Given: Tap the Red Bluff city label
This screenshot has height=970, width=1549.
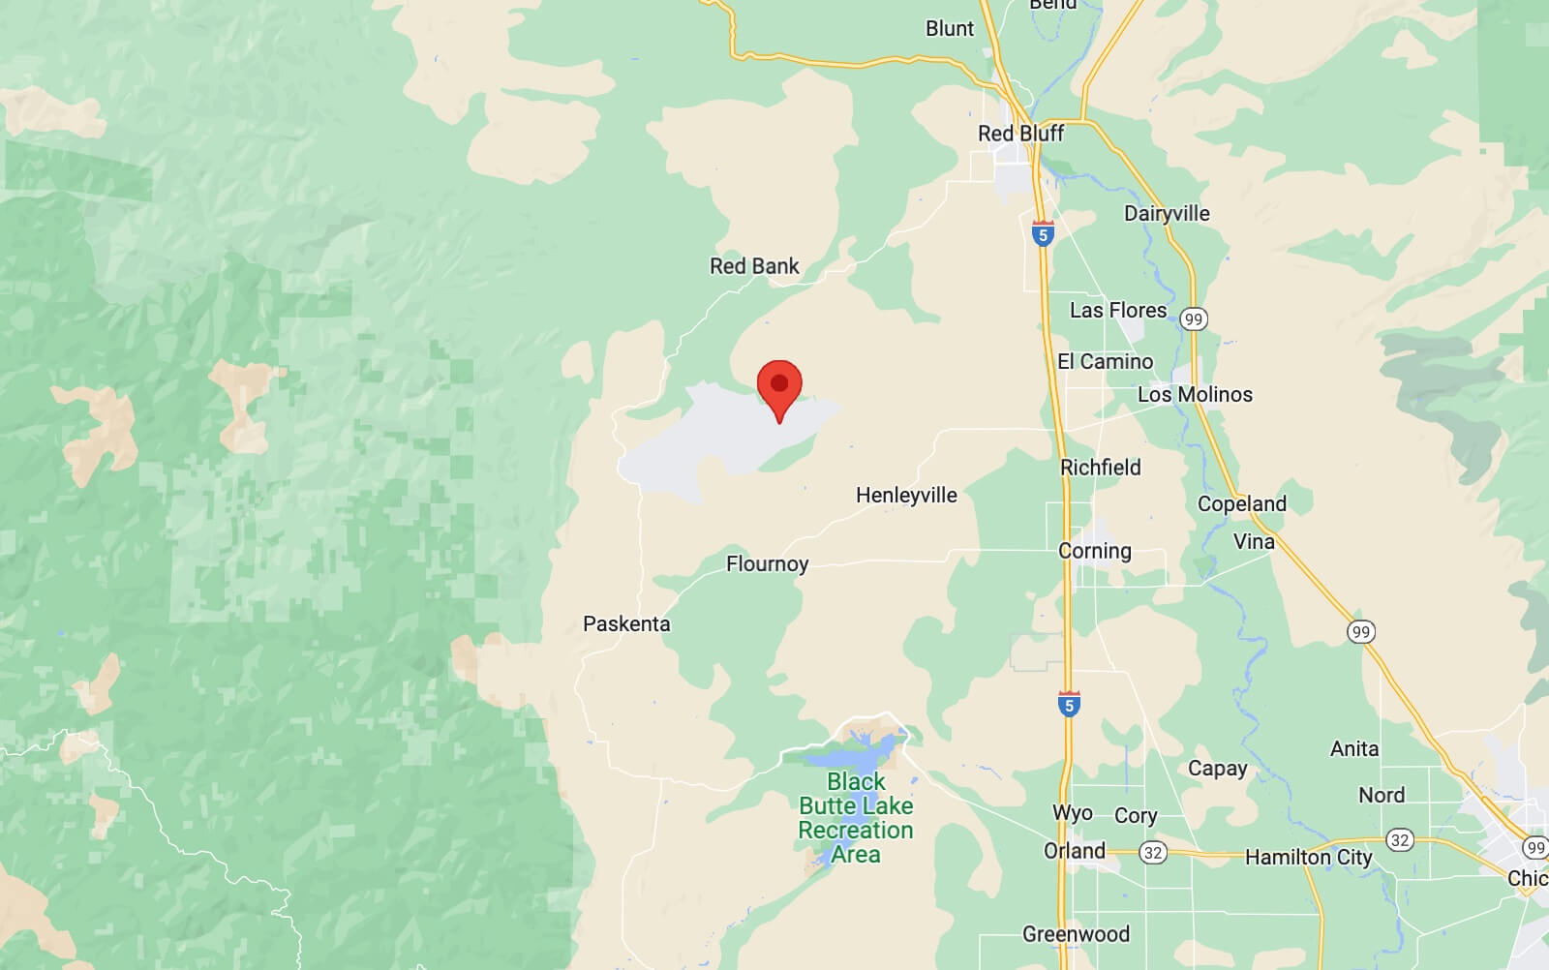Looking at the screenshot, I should pos(1020,134).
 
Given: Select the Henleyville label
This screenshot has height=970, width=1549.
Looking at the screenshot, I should pos(906,496).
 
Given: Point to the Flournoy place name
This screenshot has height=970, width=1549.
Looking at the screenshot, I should pos(767,563).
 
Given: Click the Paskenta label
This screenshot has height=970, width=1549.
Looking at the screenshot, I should pos(626,624).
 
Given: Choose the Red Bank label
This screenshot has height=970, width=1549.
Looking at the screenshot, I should pos(754,266).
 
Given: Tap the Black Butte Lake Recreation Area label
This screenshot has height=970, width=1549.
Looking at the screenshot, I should pos(856,818).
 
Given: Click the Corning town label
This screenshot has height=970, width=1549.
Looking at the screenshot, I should pos(1094,551).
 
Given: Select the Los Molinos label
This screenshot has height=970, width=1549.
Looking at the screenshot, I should pos(1195,395).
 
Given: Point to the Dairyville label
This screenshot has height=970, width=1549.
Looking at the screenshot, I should pos(1167,214).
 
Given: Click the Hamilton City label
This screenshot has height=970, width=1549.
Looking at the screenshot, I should pos(1308,858).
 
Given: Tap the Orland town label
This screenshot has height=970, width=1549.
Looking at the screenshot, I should pos(1074,851).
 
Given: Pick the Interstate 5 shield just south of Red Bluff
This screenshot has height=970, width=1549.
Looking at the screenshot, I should pos(1043,234).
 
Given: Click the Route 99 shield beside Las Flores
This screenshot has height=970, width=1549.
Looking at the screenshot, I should pos(1194,319).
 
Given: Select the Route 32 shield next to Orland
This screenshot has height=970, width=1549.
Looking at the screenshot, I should pos(1153,853).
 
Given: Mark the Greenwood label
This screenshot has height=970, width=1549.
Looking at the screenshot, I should pos(1076,934).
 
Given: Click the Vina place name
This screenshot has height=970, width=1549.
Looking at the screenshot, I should pos(1254,542).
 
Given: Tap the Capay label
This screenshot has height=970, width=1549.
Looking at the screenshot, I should pos(1217,769).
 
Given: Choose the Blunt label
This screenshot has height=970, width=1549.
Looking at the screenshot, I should pos(950,29).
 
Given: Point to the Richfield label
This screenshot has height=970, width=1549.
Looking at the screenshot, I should pos(1101,468).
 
